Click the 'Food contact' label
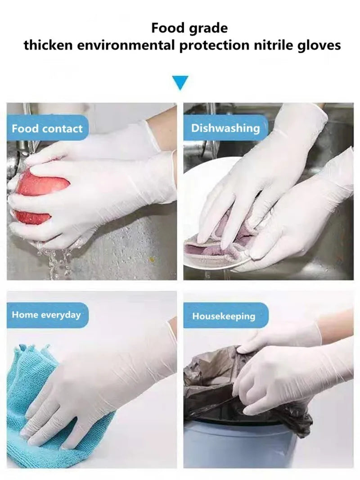(47, 128)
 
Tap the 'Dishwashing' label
(225, 128)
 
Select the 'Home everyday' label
(46, 315)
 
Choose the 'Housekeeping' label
(224, 316)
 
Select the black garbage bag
(211, 383)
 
